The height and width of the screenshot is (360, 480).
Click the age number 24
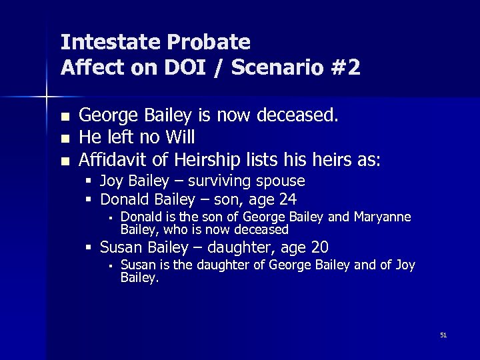288,199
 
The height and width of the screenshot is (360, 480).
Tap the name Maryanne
383,217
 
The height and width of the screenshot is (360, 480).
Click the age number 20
319,248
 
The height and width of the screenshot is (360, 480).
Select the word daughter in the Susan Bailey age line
235,248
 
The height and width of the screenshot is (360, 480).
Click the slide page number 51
443,335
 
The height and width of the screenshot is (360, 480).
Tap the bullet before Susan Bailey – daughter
89,248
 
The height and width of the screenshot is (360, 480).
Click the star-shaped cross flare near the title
47,97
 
